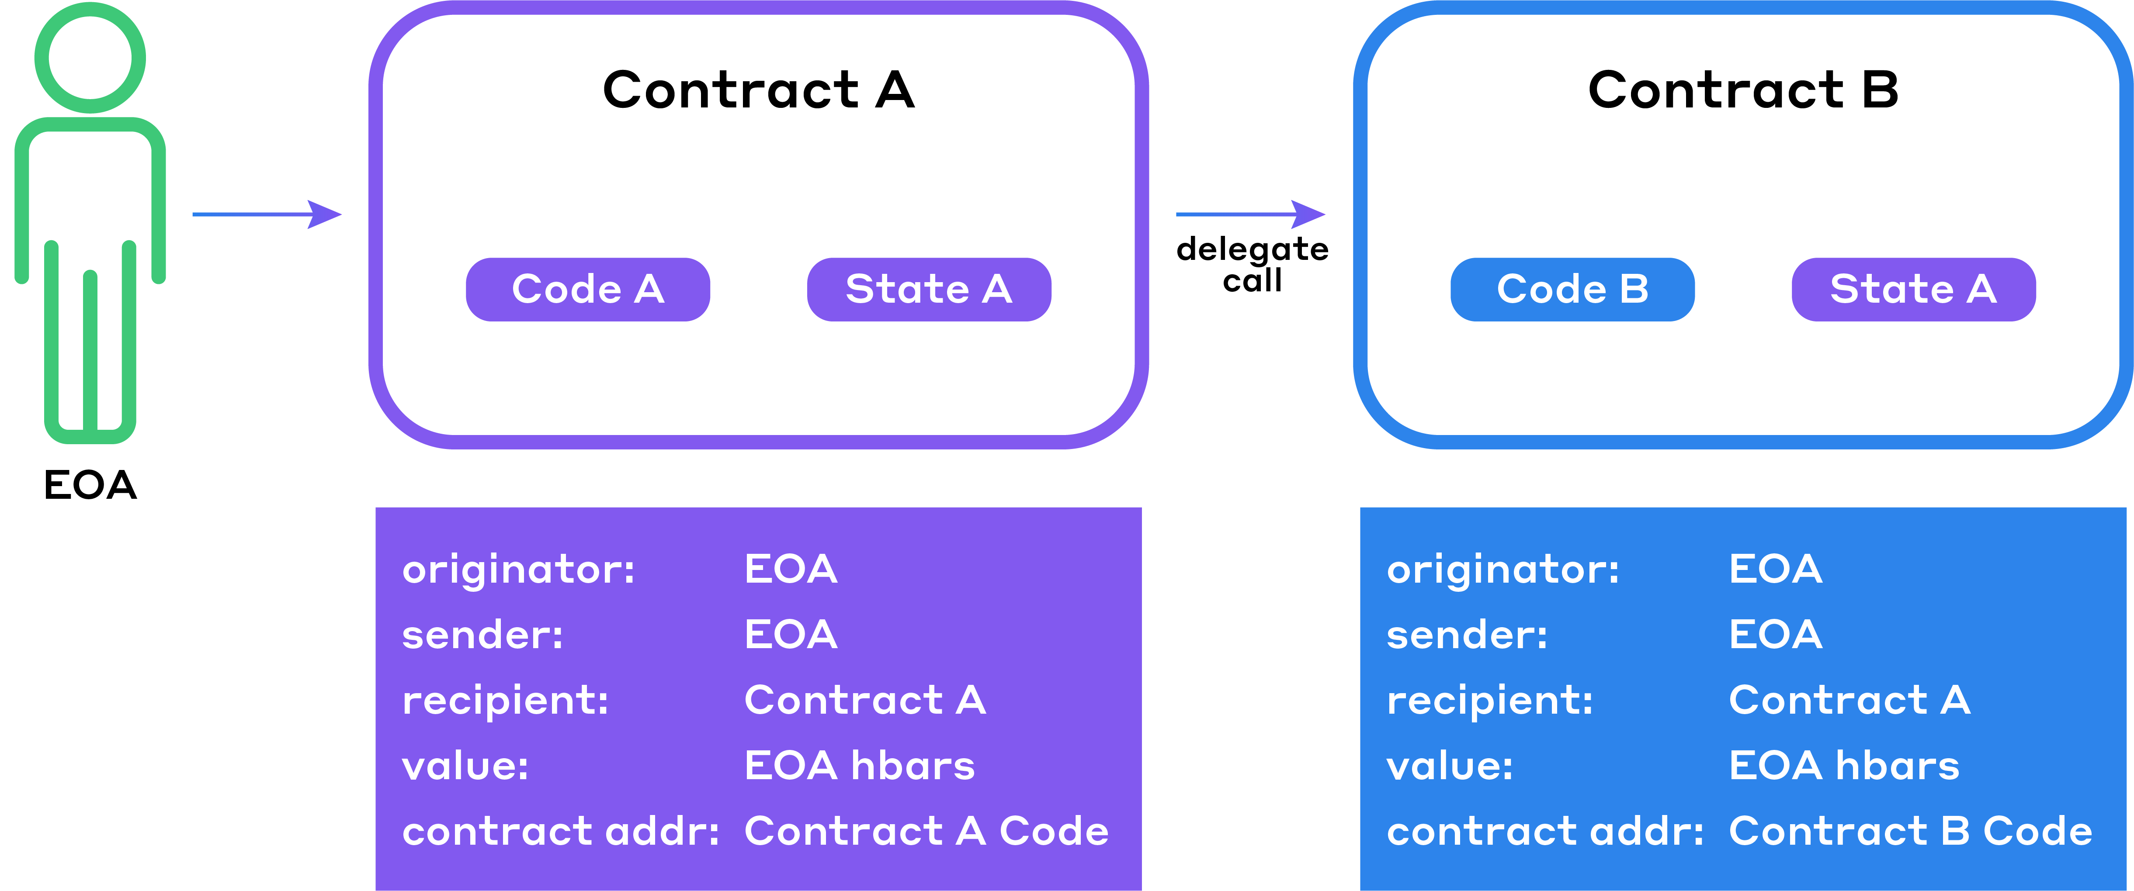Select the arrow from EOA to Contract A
click(267, 214)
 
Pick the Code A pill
click(588, 289)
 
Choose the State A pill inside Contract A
click(929, 289)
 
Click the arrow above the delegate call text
click(1251, 214)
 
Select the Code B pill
click(1572, 289)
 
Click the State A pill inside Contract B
click(1914, 289)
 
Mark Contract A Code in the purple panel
click(926, 831)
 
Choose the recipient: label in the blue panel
click(1489, 701)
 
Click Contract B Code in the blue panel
click(1910, 831)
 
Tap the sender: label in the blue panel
click(1467, 635)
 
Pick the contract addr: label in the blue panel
click(1545, 831)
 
